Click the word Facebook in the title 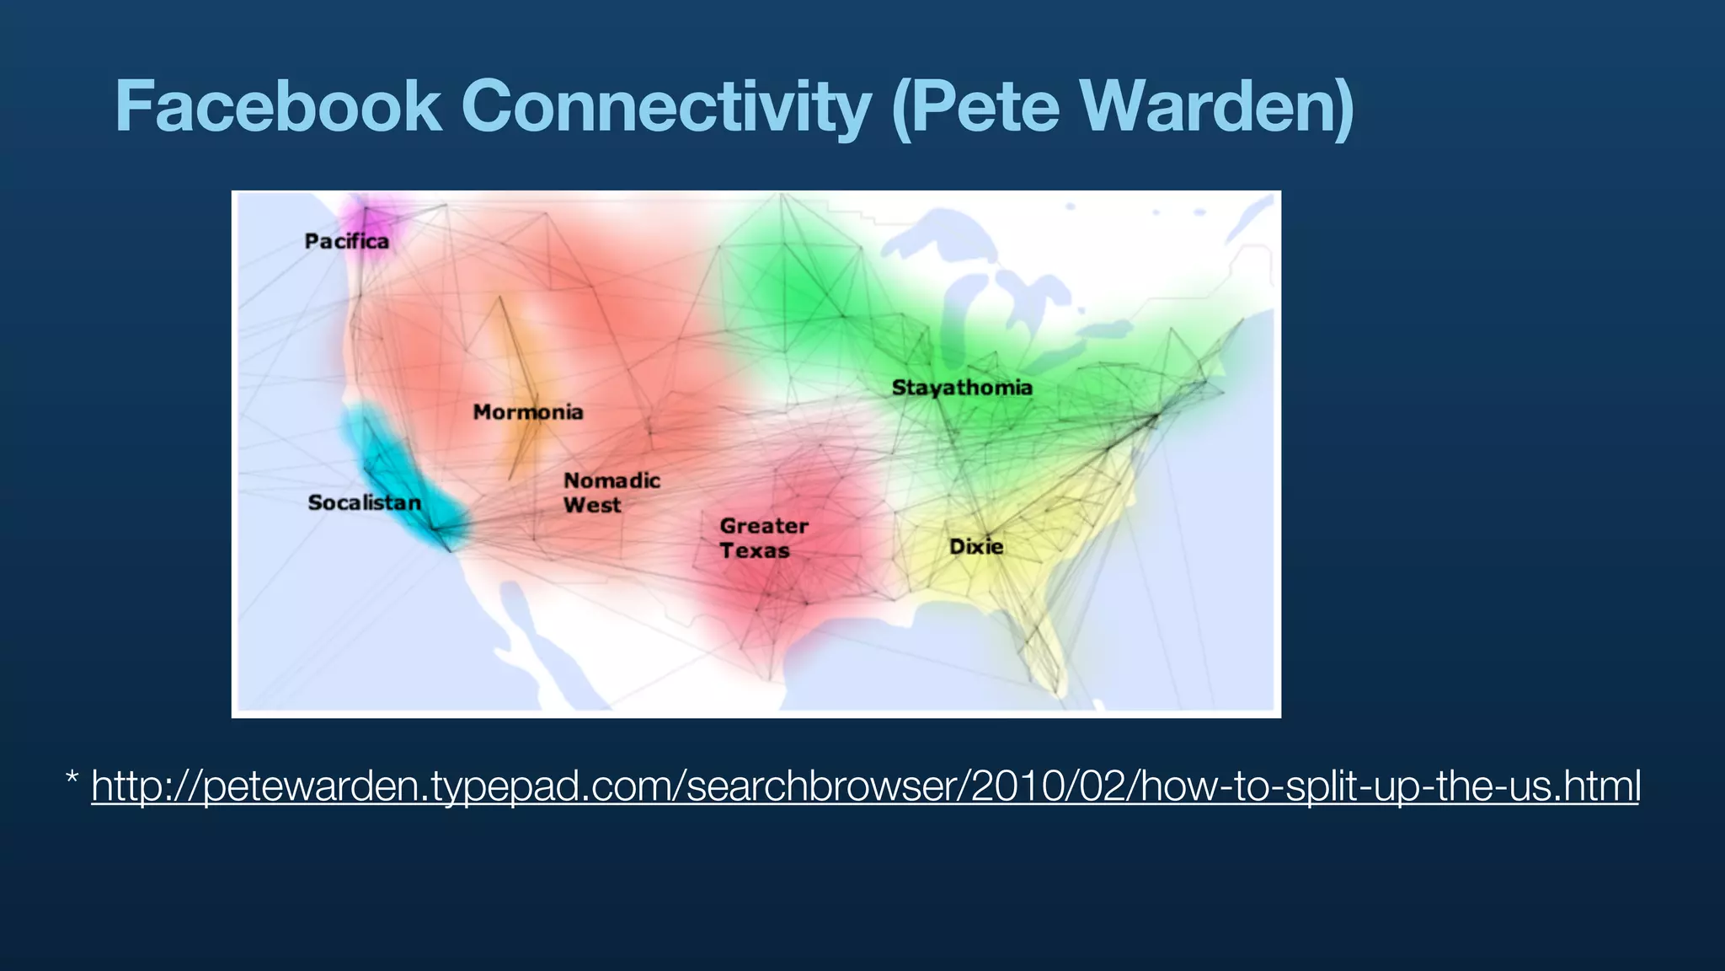[x=278, y=107]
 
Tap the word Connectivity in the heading [x=665, y=107]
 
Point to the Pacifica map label [x=346, y=242]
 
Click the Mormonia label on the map [x=528, y=412]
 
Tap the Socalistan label [x=364, y=503]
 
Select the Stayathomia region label [x=962, y=388]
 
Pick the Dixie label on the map [x=976, y=546]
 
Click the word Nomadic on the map [x=611, y=480]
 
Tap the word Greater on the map [x=764, y=526]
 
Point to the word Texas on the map [x=755, y=550]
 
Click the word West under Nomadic [x=592, y=505]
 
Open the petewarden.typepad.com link [x=865, y=786]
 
